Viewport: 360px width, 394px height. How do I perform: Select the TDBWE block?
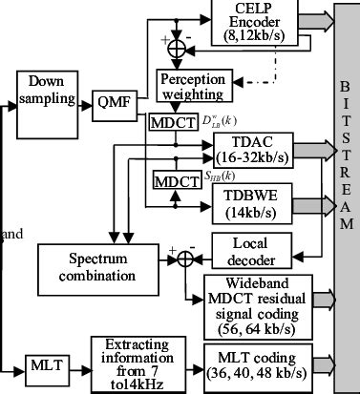(x=253, y=199)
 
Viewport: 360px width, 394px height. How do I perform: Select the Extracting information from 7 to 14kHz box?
(x=136, y=362)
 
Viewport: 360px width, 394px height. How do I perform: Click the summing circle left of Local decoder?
(x=182, y=259)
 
